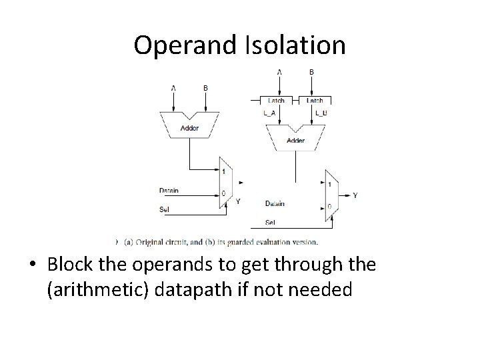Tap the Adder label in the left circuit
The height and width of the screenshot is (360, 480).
click(190, 127)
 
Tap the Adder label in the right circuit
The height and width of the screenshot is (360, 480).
click(295, 141)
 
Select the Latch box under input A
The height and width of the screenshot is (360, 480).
click(277, 101)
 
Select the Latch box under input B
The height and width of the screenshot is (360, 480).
click(315, 101)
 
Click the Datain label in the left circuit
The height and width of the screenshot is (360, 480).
click(169, 191)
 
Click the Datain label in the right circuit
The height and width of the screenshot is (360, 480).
click(275, 203)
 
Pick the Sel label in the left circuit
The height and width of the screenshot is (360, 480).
click(165, 209)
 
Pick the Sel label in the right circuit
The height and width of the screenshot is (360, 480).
click(271, 222)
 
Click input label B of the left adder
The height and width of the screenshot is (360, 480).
click(205, 87)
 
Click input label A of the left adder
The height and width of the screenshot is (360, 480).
click(174, 87)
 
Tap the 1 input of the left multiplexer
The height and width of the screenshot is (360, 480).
click(223, 171)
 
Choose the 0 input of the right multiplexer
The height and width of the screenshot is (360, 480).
click(329, 207)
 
